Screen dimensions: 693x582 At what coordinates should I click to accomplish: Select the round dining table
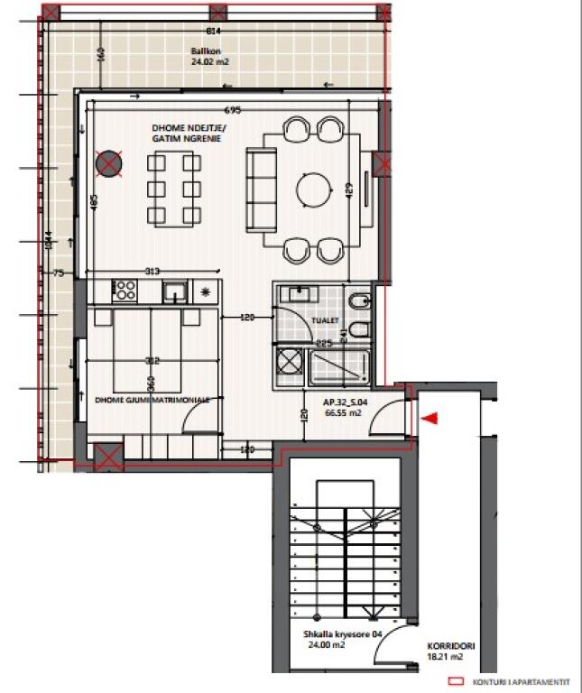pyautogui.click(x=314, y=189)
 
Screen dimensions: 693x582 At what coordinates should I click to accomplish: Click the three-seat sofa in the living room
pyautogui.click(x=261, y=189)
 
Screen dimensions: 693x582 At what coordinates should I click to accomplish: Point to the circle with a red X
pyautogui.click(x=109, y=163)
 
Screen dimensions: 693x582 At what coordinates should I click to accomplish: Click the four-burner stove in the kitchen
pyautogui.click(x=125, y=291)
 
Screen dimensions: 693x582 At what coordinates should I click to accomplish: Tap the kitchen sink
pyautogui.click(x=174, y=291)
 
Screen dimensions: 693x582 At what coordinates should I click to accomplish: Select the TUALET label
pyautogui.click(x=325, y=319)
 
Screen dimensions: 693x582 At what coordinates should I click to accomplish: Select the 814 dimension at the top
pyautogui.click(x=213, y=31)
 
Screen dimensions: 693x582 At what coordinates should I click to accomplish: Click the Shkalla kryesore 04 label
pyautogui.click(x=343, y=634)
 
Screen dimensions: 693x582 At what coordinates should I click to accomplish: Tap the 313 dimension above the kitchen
pyautogui.click(x=154, y=271)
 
